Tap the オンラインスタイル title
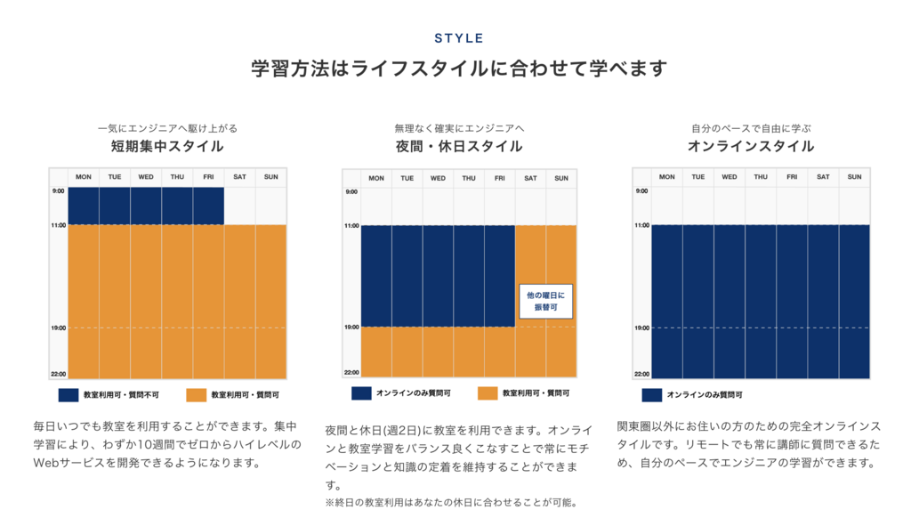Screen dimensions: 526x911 pyautogui.click(x=751, y=146)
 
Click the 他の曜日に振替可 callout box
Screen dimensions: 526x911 pyautogui.click(x=546, y=301)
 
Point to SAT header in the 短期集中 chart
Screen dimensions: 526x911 pyautogui.click(x=239, y=177)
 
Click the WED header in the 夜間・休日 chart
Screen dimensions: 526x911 pyautogui.click(x=438, y=178)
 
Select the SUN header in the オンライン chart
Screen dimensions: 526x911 pyautogui.click(x=854, y=177)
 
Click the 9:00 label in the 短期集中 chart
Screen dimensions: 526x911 pyautogui.click(x=58, y=191)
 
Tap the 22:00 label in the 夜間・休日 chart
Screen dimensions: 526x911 pyautogui.click(x=351, y=373)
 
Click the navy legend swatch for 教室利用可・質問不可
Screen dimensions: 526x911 pyautogui.click(x=68, y=394)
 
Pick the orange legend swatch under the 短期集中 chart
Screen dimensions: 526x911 pyautogui.click(x=197, y=394)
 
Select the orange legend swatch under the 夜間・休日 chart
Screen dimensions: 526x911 pyautogui.click(x=487, y=392)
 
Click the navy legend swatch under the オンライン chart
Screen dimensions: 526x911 pyautogui.click(x=651, y=394)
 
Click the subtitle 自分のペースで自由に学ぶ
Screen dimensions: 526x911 pyautogui.click(x=751, y=128)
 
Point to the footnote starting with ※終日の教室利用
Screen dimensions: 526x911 pyautogui.click(x=452, y=503)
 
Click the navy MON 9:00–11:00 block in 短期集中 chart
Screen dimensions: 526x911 pyautogui.click(x=84, y=206)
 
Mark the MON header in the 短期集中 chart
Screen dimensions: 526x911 pyautogui.click(x=84, y=177)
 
